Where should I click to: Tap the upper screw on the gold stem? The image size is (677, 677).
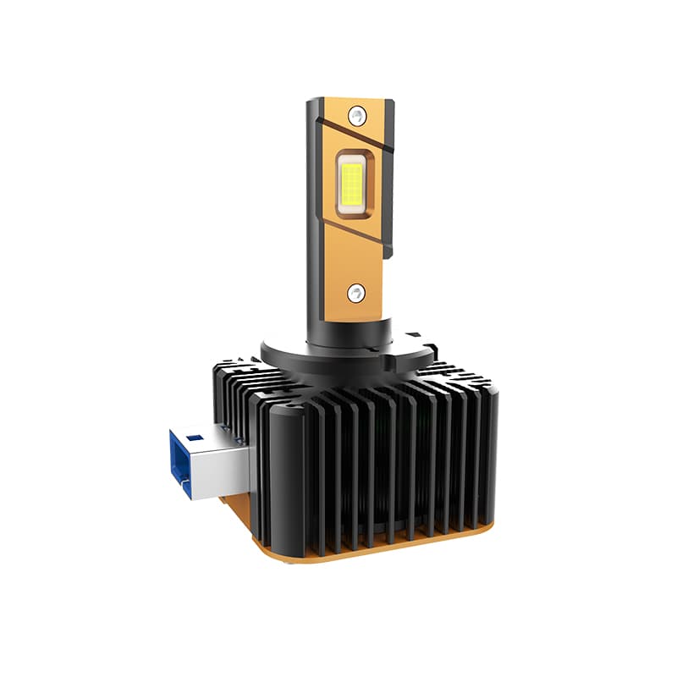pyautogui.click(x=360, y=113)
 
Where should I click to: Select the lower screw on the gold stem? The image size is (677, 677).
pyautogui.click(x=356, y=292)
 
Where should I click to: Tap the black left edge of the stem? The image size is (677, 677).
pyautogui.click(x=314, y=212)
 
